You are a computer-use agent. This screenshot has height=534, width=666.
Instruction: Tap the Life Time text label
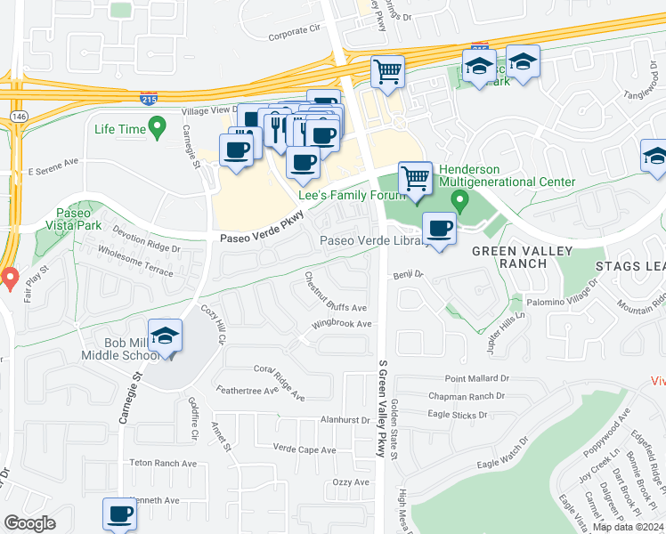[x=119, y=129]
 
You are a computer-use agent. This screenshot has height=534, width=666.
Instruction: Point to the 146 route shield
[x=18, y=117]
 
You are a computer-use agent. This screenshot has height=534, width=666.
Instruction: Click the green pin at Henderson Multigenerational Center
[x=459, y=199]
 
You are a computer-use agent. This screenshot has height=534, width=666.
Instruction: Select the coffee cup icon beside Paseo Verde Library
[x=439, y=228]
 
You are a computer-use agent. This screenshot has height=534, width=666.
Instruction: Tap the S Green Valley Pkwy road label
[x=382, y=409]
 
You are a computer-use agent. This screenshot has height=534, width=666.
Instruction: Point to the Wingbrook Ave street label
[x=341, y=324]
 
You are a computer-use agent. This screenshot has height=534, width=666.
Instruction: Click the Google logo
[x=29, y=523]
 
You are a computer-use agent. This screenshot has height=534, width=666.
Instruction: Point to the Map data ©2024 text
[x=626, y=527]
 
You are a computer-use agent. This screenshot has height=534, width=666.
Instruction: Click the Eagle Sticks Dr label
[x=458, y=415]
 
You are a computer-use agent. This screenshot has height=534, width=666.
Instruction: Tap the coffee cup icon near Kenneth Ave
[x=119, y=514]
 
